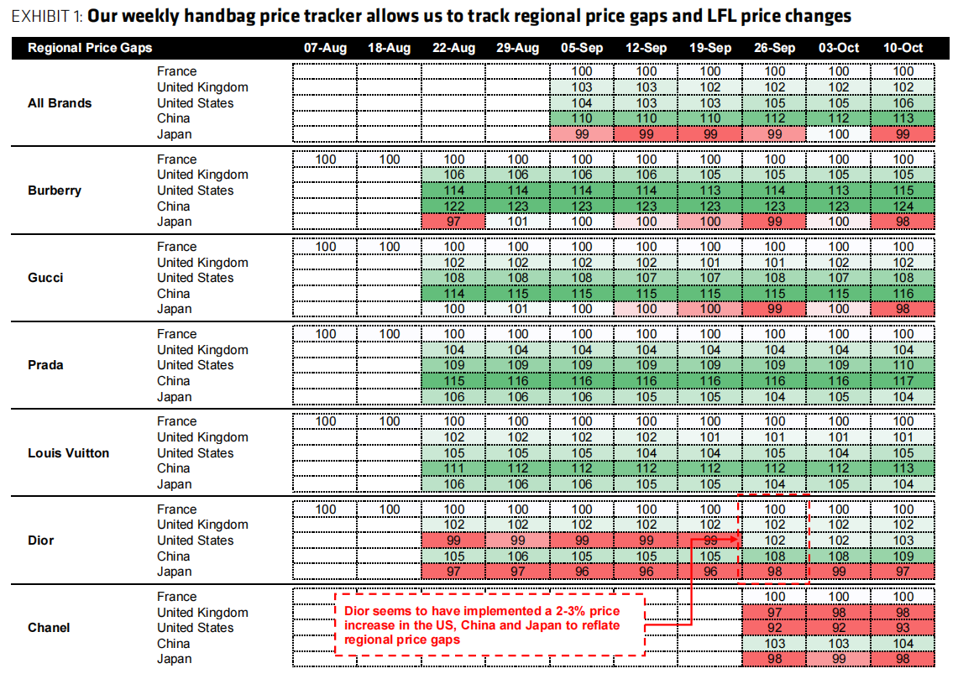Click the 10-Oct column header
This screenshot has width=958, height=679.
903,48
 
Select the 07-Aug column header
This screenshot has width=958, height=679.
325,48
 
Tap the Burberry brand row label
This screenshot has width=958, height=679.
55,191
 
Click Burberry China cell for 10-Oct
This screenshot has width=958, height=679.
903,206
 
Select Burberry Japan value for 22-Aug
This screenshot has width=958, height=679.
453,222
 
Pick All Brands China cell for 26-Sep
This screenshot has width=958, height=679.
774,118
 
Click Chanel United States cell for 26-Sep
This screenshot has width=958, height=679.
774,628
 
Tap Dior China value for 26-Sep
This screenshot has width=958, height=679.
774,556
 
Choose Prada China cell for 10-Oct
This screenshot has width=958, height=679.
903,381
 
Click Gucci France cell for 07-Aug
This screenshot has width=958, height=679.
325,247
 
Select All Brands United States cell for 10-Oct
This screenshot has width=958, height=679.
903,103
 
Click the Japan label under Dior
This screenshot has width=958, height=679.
174,572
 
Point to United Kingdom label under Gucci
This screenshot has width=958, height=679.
202,263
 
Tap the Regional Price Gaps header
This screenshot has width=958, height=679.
90,48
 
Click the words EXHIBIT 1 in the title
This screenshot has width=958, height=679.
45,16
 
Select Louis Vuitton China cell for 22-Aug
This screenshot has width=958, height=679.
453,468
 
